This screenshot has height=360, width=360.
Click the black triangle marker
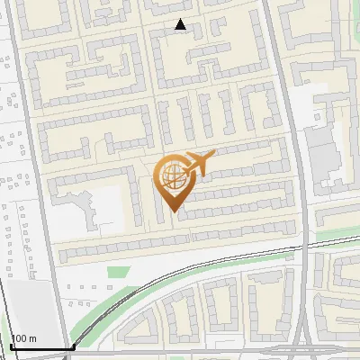(x=181, y=25)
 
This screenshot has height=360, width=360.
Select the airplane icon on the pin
(x=200, y=163)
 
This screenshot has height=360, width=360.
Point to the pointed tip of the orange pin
(x=173, y=211)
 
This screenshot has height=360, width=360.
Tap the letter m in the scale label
(x=34, y=339)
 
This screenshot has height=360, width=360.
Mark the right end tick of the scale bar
(x=73, y=346)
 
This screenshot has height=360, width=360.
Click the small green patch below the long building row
(x=114, y=270)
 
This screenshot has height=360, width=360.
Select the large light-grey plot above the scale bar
(x=27, y=306)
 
